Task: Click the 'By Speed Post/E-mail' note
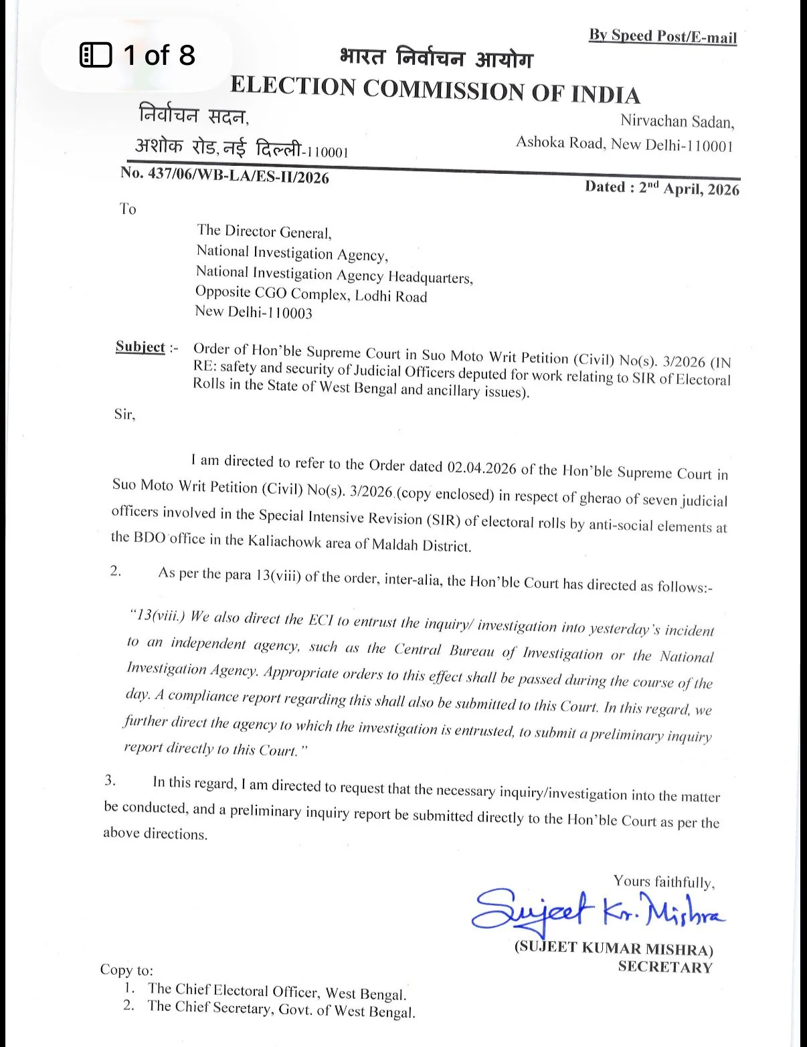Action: [x=662, y=35]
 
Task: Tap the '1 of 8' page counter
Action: [x=138, y=55]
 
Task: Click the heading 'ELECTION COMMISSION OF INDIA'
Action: [x=435, y=89]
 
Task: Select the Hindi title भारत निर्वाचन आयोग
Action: [x=436, y=59]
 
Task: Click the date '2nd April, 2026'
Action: [x=689, y=188]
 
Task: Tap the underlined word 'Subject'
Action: [x=140, y=347]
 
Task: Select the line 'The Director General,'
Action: [x=264, y=232]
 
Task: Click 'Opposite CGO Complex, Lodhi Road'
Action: [x=311, y=294]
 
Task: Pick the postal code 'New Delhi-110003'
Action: [x=254, y=312]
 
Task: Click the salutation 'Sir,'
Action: [x=124, y=414]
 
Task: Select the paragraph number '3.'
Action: [x=110, y=780]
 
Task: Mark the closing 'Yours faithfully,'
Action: [x=664, y=882]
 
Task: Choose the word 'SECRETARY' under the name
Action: [x=665, y=967]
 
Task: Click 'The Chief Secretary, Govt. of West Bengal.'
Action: [x=281, y=1010]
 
